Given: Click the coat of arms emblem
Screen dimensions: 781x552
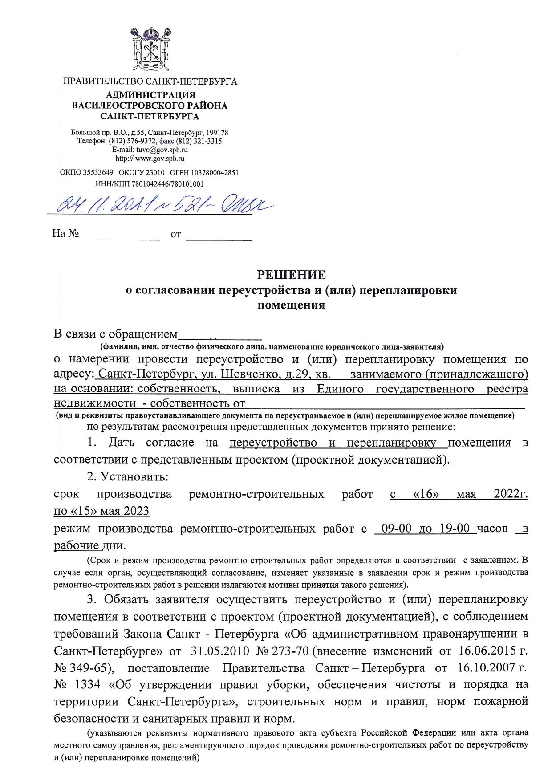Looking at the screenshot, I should [150, 49].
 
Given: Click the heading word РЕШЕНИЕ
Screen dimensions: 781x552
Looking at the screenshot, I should [292, 274].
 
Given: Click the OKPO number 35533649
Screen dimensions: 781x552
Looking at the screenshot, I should [97, 172].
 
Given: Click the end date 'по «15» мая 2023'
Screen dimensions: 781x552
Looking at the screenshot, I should [101, 511].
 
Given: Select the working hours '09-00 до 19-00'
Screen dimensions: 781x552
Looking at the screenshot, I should [423, 529].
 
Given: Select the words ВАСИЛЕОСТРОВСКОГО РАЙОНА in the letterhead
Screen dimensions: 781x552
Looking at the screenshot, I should [150, 106].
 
